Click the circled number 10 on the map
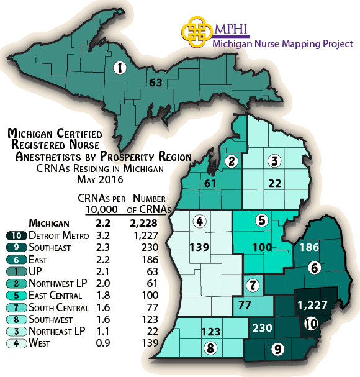(310, 323)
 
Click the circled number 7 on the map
(252, 286)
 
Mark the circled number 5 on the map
(262, 220)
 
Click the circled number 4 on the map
(199, 221)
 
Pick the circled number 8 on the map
(211, 348)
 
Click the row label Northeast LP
(58, 330)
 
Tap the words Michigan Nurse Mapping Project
(282, 44)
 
